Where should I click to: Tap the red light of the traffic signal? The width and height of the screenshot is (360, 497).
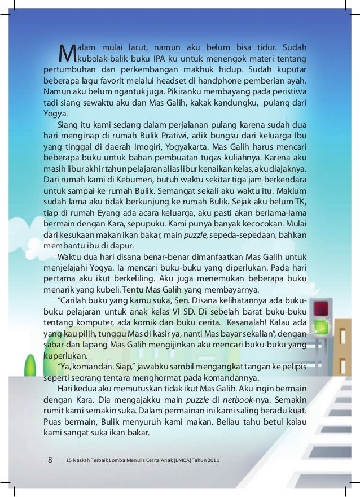pyautogui.click(x=321, y=308)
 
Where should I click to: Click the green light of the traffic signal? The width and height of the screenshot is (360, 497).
pyautogui.click(x=321, y=326)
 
